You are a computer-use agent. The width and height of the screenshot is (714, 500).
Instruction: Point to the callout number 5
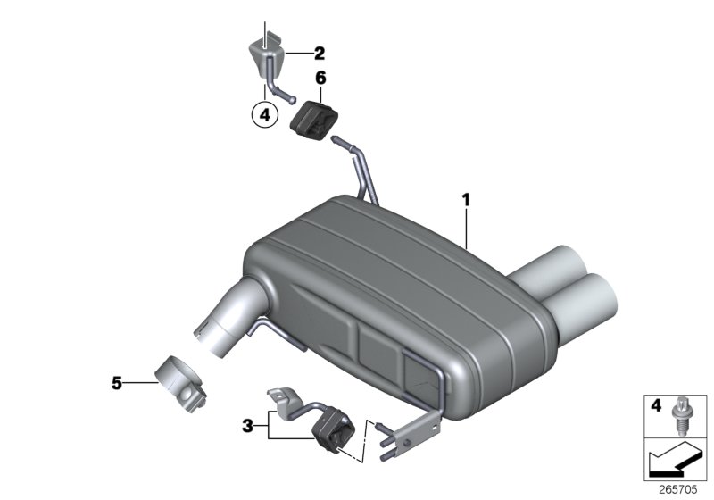[116, 383]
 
